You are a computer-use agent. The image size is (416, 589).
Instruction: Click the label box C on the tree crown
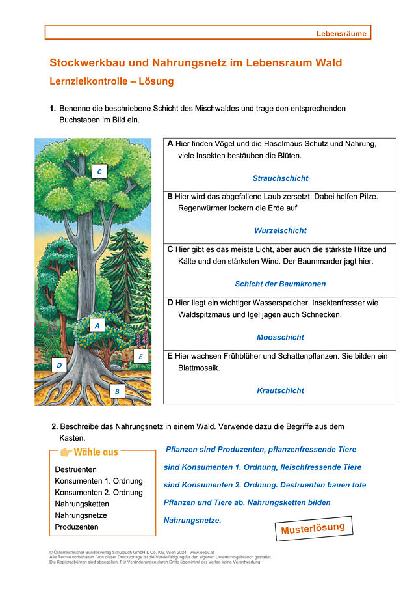point(99,172)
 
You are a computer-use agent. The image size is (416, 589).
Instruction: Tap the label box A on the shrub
point(97,325)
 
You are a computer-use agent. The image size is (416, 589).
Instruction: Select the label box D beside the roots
point(59,365)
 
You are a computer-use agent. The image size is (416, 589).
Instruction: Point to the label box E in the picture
point(141,357)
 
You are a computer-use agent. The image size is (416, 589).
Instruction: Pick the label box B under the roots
point(117,391)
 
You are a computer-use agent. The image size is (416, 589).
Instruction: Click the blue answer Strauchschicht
point(280,178)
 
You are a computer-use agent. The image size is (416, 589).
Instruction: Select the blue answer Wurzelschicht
point(280,230)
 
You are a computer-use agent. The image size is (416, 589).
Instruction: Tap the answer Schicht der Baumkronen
point(280,284)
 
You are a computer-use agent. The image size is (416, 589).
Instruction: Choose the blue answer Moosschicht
point(280,337)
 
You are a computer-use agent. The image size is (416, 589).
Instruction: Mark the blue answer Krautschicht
point(280,390)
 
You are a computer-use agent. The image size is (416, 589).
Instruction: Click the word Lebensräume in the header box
point(341,33)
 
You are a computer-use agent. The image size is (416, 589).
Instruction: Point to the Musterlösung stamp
point(313,528)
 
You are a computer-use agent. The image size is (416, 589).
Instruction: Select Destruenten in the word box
point(76,469)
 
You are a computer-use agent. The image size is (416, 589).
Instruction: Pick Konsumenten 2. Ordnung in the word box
point(99,493)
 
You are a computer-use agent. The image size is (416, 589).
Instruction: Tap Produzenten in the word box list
point(77,527)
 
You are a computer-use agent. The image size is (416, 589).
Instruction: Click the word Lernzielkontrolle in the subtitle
point(88,83)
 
